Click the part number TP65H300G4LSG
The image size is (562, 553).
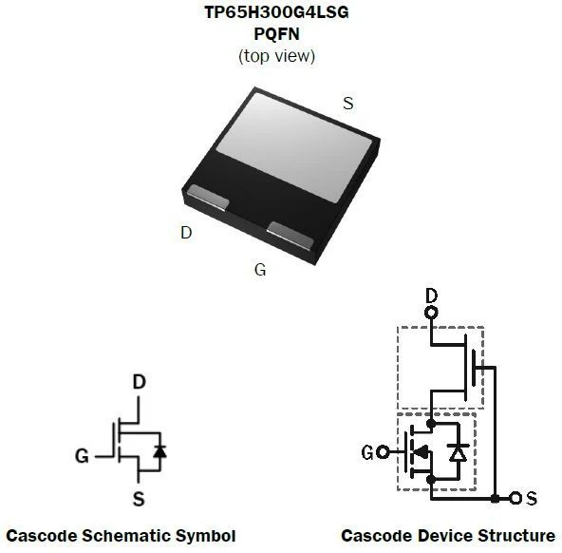(276, 12)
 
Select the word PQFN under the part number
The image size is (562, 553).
(276, 34)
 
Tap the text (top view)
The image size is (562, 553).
(276, 56)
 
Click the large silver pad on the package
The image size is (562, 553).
(294, 147)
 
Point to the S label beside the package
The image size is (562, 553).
(348, 104)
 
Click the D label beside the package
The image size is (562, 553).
(186, 233)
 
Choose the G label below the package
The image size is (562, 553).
(260, 270)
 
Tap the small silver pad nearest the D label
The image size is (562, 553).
(208, 197)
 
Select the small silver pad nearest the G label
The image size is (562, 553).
(290, 236)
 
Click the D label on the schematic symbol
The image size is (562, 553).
(140, 382)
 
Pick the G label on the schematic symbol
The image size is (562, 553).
(82, 456)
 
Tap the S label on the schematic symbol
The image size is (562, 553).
(139, 499)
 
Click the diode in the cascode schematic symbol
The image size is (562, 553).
(159, 451)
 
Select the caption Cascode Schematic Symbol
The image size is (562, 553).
(121, 536)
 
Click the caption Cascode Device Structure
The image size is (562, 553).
(448, 536)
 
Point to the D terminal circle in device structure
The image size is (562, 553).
(431, 313)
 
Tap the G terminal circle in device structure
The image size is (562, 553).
(383, 452)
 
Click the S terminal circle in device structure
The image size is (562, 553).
(515, 498)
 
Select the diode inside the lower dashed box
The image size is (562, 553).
(459, 452)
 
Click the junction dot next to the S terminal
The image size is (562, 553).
(495, 498)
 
